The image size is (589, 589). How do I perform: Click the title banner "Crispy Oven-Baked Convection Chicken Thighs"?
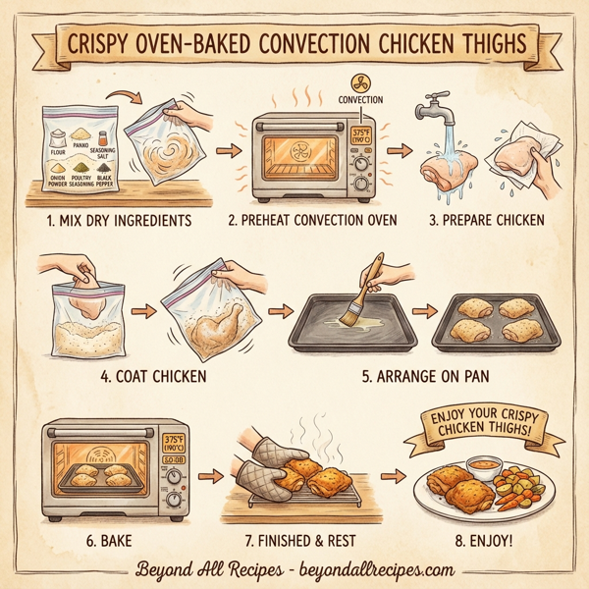click(294, 45)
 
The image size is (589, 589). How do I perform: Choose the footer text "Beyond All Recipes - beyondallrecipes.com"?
click(294, 568)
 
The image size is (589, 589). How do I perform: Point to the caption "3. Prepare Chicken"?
click(484, 220)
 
